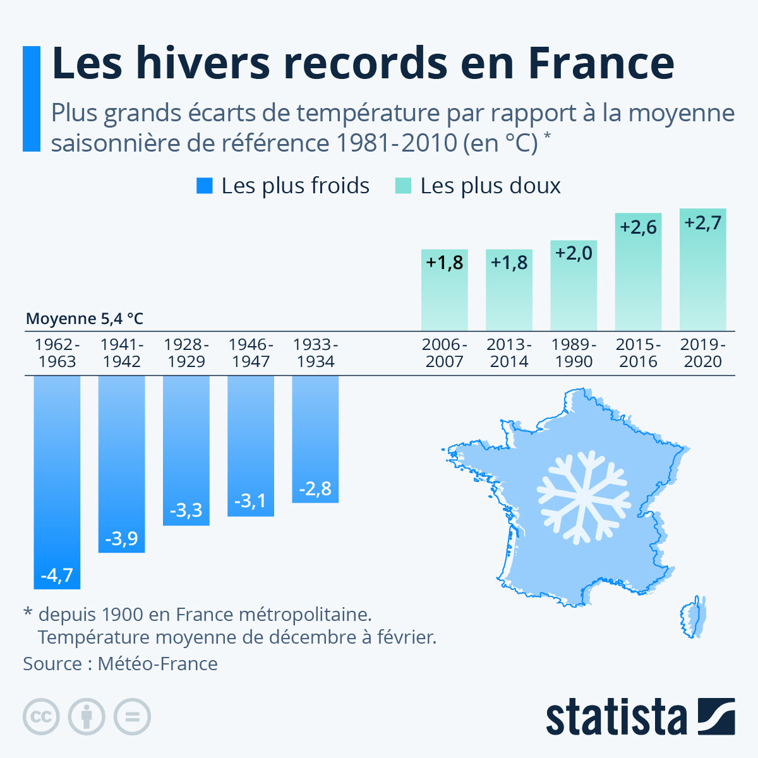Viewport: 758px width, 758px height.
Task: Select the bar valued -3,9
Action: click(x=121, y=464)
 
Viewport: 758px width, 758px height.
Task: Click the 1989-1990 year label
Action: click(x=574, y=353)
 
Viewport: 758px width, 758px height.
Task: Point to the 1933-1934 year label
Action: click(x=315, y=353)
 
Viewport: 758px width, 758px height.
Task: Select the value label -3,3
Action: click(x=186, y=510)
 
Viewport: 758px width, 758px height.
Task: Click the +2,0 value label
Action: click(x=574, y=253)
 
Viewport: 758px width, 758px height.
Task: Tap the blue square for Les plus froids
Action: click(x=205, y=186)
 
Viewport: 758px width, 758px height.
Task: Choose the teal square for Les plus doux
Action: click(x=403, y=186)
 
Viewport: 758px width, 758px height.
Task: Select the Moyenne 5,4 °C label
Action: click(x=85, y=319)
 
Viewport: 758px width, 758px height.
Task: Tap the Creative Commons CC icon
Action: click(x=41, y=717)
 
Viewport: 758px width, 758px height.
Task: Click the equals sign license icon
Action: click(x=132, y=717)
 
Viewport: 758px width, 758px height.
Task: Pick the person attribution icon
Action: click(x=87, y=717)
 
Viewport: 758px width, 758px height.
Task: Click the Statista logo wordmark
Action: click(x=616, y=717)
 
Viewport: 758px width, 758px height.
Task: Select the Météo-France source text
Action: click(x=157, y=664)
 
